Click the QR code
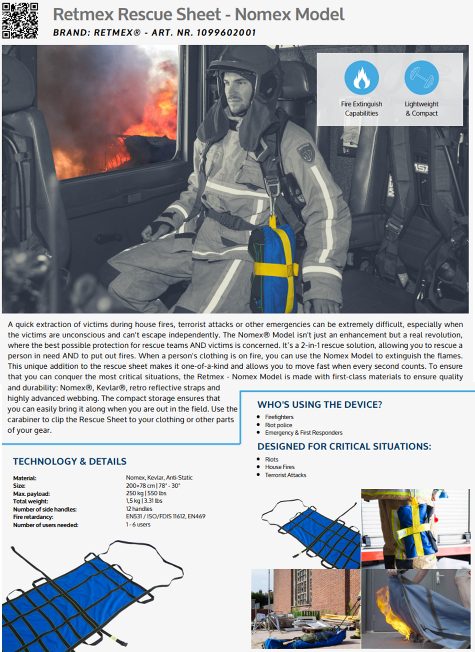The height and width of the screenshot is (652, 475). [20, 20]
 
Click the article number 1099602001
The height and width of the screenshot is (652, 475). [226, 33]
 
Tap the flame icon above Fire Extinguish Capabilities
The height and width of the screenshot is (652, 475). [361, 78]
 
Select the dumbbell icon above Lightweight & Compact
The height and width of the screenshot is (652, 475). [422, 78]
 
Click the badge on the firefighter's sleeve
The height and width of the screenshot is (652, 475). [306, 153]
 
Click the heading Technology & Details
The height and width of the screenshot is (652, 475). [69, 461]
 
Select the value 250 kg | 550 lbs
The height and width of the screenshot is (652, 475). [146, 493]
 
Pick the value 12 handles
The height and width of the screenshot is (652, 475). [139, 509]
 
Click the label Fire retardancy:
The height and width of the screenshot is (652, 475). [33, 517]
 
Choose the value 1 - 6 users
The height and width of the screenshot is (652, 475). [138, 524]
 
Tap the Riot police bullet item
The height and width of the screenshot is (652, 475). [278, 425]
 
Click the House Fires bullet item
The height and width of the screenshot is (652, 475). [279, 467]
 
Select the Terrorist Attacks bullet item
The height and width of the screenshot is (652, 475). [285, 475]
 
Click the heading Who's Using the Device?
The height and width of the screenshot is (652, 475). [319, 404]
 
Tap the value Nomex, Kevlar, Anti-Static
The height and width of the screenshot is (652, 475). [159, 477]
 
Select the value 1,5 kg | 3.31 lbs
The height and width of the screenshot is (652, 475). [144, 501]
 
